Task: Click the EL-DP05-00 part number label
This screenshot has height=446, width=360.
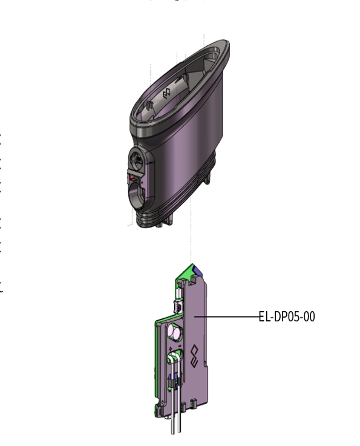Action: tap(286, 316)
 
